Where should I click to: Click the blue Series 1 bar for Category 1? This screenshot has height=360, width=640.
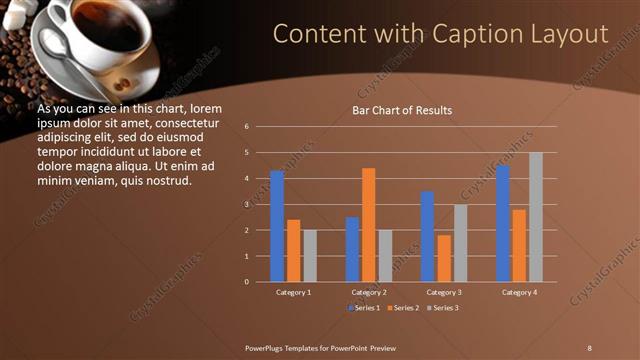tap(277, 226)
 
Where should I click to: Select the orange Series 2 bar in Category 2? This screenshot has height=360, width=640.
tap(368, 225)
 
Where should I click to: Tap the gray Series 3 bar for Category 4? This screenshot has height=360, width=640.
tap(536, 217)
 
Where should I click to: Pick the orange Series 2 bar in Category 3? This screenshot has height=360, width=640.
tap(444, 258)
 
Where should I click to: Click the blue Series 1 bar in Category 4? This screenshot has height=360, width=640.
tap(502, 223)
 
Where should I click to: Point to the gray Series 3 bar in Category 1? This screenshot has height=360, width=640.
tap(310, 256)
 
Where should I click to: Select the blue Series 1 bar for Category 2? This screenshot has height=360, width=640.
tap(352, 249)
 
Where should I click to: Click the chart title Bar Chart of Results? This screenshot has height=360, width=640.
tap(402, 110)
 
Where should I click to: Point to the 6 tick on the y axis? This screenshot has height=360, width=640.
tap(260, 127)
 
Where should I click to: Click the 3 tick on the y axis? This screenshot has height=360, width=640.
tap(260, 204)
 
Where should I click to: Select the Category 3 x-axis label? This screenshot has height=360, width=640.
tap(444, 292)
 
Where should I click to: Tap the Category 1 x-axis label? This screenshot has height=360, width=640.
tap(293, 292)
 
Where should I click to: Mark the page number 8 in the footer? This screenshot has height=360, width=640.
tap(590, 346)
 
